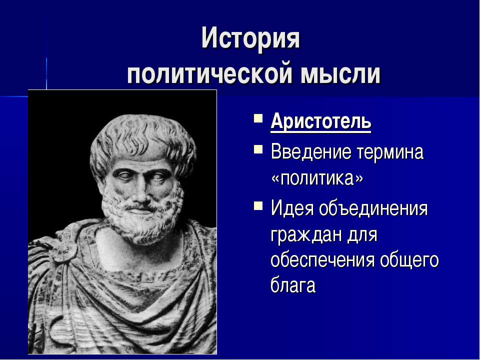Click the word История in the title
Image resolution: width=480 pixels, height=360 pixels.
coord(250,38)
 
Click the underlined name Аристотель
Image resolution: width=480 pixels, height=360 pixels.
coord(321,122)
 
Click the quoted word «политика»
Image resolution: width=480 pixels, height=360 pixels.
coord(317,178)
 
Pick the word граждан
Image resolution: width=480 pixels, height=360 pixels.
coord(306,235)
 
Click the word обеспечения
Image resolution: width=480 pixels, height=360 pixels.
coord(322,260)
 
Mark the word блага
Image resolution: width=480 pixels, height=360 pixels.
coord(293,285)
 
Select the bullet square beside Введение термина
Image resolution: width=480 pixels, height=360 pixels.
coord(258,149)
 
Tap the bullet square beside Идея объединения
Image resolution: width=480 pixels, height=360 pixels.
coord(258,205)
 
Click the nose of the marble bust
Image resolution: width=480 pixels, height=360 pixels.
coord(141,192)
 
